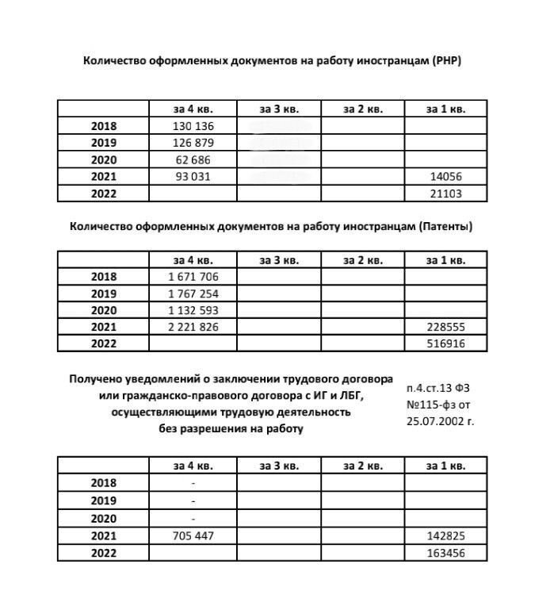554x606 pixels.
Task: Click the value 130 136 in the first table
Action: click(193, 126)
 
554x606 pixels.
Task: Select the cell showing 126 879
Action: click(193, 143)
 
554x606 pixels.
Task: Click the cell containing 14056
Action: click(445, 176)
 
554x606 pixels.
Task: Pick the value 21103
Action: click(445, 193)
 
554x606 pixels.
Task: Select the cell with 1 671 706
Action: click(193, 277)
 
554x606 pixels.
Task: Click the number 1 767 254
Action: click(193, 293)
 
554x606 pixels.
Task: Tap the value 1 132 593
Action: click(193, 310)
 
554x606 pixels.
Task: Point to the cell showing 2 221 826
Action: click(193, 327)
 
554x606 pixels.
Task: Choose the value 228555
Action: click(445, 327)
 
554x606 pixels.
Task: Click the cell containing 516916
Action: click(445, 343)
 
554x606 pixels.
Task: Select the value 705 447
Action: click(193, 535)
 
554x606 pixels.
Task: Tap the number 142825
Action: click(445, 535)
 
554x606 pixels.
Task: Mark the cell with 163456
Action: click(445, 553)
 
